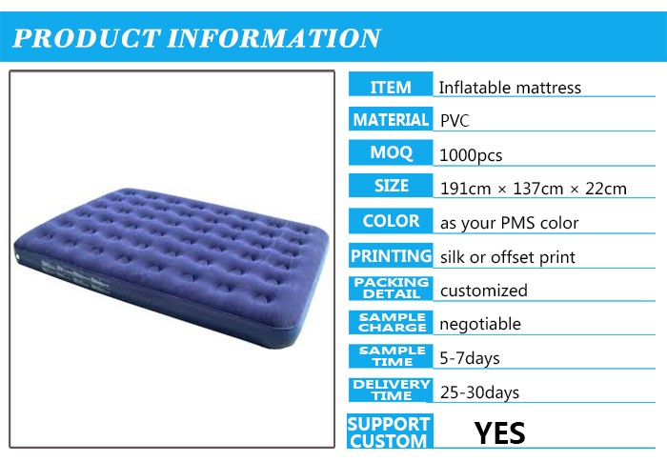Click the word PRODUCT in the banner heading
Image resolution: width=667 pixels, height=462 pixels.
pos(87,38)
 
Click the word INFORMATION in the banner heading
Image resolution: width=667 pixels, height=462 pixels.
pos(273,38)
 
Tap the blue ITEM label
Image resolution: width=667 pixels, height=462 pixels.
pos(391,84)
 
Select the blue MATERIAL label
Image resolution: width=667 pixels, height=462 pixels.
pos(391,118)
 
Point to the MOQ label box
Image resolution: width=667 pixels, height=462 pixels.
pos(391,152)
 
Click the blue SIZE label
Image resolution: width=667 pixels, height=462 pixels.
pos(391,186)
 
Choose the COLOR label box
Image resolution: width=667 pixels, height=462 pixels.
pos(391,220)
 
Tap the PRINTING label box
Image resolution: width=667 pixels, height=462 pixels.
pos(391,255)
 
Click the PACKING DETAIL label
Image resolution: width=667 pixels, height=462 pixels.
pos(391,289)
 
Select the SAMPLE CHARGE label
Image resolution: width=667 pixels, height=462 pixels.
pos(391,323)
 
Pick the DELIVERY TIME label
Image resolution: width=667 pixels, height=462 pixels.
pos(391,390)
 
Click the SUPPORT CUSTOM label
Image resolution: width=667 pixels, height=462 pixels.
pos(390,431)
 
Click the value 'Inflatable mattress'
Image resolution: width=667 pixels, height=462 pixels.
pos(510,88)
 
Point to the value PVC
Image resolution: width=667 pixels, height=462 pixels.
pos(455,121)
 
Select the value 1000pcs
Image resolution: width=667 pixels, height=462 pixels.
pos(471,155)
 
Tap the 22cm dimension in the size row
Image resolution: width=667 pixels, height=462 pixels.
pos(606,189)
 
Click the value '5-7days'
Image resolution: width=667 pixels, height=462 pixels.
pos(470,358)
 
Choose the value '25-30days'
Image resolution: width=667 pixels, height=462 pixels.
pos(479,392)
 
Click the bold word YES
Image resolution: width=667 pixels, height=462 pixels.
pos(500,433)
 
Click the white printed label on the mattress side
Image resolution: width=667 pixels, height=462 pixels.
pos(74,275)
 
